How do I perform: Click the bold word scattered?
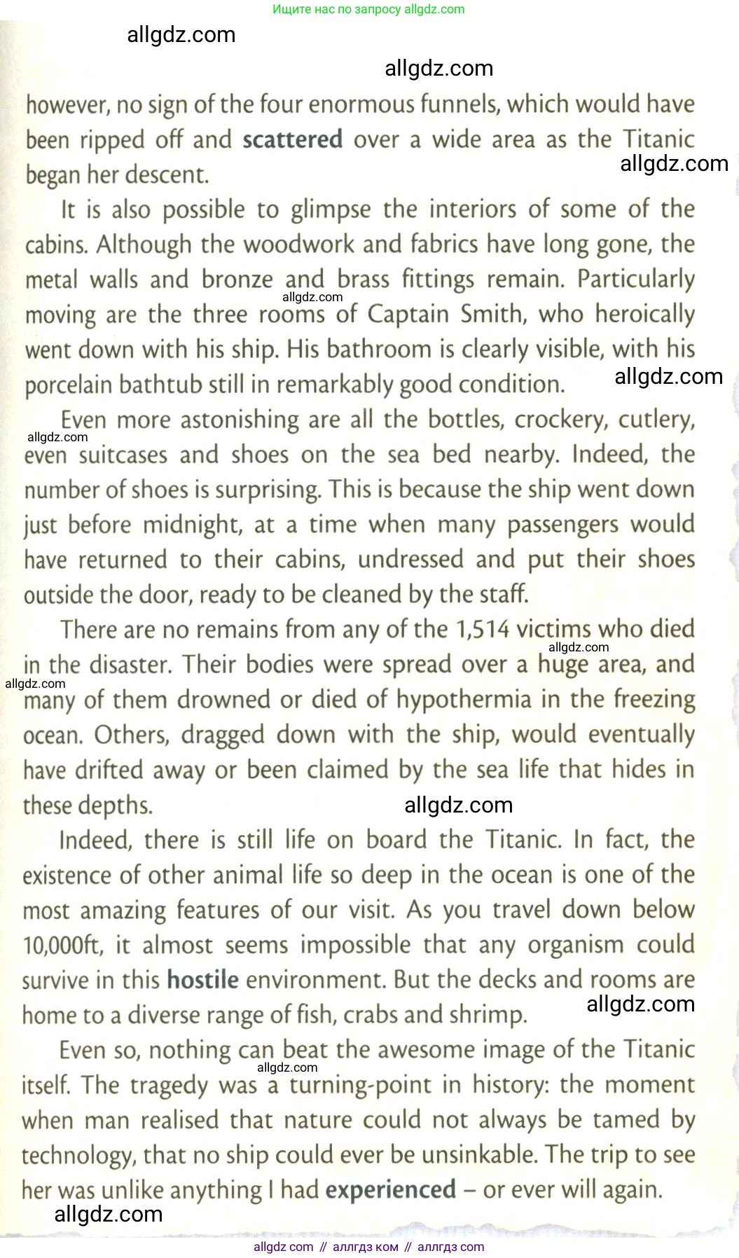pyautogui.click(x=292, y=139)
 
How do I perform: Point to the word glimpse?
pyautogui.click(x=331, y=209)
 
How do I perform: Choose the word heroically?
pyautogui.click(x=644, y=314)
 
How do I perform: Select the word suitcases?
pyautogui.click(x=123, y=455)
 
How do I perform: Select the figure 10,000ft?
pyautogui.click(x=62, y=946)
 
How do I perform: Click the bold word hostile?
pyautogui.click(x=202, y=979)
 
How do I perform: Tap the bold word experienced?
pyautogui.click(x=391, y=1190)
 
